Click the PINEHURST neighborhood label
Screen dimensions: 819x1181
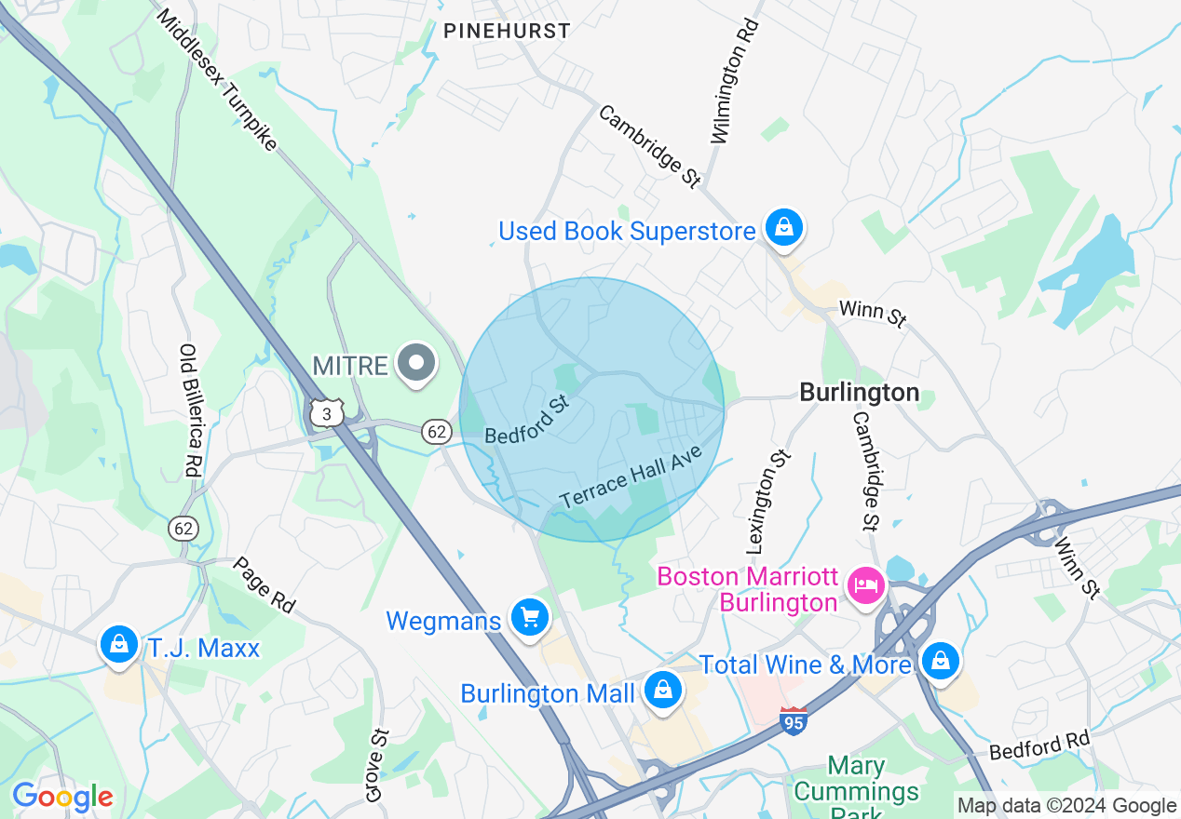click(x=507, y=31)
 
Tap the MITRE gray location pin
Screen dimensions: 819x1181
click(x=416, y=365)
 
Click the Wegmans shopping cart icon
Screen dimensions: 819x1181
click(x=530, y=618)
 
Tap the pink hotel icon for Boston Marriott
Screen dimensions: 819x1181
click(x=865, y=585)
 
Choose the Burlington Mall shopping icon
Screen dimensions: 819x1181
click(x=661, y=692)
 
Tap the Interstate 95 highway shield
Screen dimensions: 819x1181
click(x=793, y=720)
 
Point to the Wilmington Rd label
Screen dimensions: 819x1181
click(x=735, y=81)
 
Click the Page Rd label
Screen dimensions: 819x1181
click(x=264, y=585)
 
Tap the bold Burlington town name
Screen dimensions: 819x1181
click(x=859, y=393)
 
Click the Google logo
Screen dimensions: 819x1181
click(x=62, y=797)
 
